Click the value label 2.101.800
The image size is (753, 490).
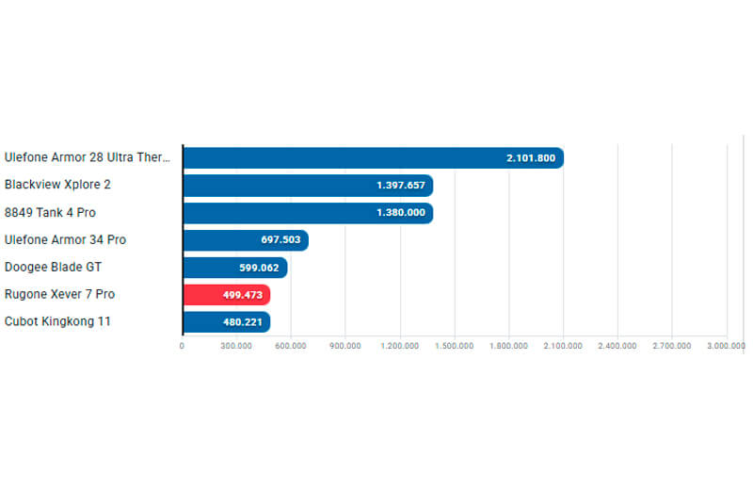coord(530,158)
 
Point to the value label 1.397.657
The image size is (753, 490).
coord(401,186)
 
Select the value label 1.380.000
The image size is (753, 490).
coord(401,213)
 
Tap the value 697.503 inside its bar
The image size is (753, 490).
coord(280,240)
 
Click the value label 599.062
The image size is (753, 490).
coord(259,268)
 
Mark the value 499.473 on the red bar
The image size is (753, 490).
coord(243,295)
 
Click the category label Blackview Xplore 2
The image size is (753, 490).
coord(57,185)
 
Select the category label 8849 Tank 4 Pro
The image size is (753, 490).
coord(50,212)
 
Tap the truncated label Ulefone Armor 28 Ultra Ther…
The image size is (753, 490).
coord(88,157)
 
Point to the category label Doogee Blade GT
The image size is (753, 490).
coord(53,267)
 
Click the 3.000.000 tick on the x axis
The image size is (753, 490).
coord(726,346)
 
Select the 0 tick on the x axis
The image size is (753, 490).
coord(182,346)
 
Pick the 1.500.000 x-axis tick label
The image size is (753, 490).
coord(454,346)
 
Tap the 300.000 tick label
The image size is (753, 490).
coord(236,346)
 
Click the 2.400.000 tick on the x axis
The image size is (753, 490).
coord(617,346)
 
